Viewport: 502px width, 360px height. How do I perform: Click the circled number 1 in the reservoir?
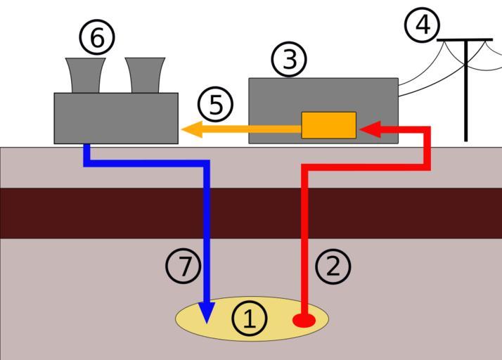pyautogui.click(x=250, y=319)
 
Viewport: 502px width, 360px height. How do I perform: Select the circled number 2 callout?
pyautogui.click(x=333, y=266)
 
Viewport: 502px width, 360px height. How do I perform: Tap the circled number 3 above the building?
pyautogui.click(x=289, y=60)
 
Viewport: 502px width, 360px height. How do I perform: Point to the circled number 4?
pyautogui.click(x=423, y=25)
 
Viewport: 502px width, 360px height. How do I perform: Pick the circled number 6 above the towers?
pyautogui.click(x=97, y=37)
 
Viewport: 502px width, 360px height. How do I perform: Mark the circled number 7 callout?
pyautogui.click(x=184, y=266)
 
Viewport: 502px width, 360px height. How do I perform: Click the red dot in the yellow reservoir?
pyautogui.click(x=304, y=321)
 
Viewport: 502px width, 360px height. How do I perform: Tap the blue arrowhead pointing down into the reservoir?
pyautogui.click(x=207, y=313)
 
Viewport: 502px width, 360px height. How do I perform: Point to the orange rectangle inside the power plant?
pyautogui.click(x=328, y=125)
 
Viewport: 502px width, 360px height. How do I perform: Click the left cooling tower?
pyautogui.click(x=86, y=75)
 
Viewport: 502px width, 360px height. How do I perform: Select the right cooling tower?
pyautogui.click(x=146, y=75)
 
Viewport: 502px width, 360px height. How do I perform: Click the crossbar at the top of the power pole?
pyautogui.click(x=465, y=40)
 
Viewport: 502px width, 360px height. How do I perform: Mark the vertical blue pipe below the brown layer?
pyautogui.click(x=207, y=267)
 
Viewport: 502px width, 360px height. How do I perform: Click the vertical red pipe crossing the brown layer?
pyautogui.click(x=306, y=213)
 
